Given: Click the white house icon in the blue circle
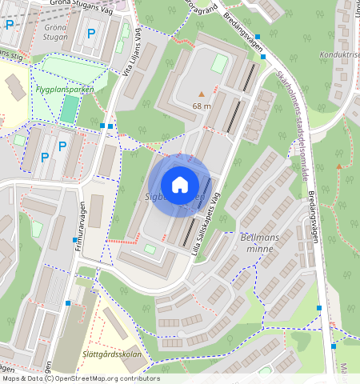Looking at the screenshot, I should click(180, 185).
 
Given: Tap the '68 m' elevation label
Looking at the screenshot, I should click(202, 106).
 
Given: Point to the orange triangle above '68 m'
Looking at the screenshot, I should click(202, 94).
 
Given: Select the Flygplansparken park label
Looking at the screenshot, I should click(64, 90).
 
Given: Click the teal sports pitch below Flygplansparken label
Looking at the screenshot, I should click(69, 109).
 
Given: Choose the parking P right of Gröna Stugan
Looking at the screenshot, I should click(91, 34).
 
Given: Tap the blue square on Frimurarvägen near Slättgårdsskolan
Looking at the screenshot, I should click(68, 303).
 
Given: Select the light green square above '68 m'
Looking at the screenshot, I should click(218, 63).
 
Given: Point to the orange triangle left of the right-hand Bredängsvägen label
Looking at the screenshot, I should click(339, 166).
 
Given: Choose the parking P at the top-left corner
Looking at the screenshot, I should click(10, 25).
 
